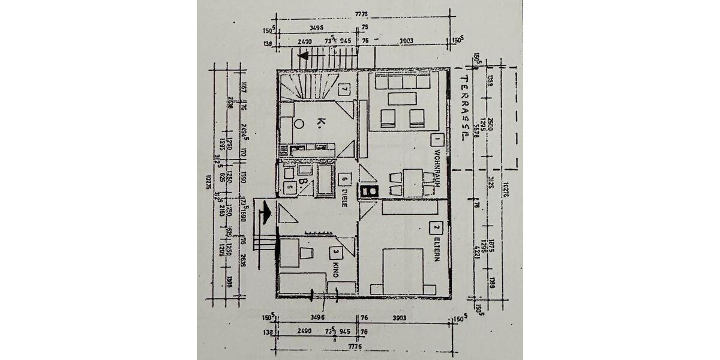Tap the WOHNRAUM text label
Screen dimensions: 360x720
[436, 170]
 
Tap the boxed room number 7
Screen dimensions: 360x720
[344, 89]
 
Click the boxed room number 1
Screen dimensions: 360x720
[437, 139]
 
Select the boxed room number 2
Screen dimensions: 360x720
[436, 227]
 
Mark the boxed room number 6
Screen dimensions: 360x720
[344, 179]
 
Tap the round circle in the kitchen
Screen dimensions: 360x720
[299, 124]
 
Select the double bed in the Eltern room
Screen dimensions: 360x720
[404, 271]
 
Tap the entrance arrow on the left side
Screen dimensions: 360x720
[264, 211]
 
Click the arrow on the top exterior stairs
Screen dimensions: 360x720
[304, 56]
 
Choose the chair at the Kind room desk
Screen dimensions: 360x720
[307, 252]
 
